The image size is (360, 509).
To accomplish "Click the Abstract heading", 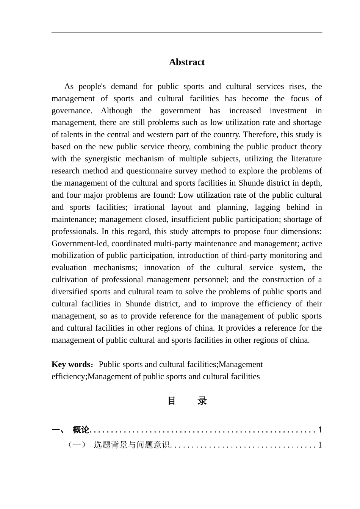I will tap(187, 62).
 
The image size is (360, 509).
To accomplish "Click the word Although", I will tap(117, 111).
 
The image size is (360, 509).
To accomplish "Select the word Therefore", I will tap(260, 134).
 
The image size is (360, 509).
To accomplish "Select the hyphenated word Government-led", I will tap(80, 244).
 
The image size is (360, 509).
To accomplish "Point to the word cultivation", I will tap(71, 279).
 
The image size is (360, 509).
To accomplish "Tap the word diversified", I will tap(70, 292).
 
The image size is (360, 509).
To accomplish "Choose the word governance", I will tap(71, 111).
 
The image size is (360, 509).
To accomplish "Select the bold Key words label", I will tap(71, 364).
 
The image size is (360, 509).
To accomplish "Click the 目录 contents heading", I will tap(187, 401).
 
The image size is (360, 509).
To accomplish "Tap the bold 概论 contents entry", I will tap(81, 430).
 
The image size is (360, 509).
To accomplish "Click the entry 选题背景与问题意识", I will tap(132, 445).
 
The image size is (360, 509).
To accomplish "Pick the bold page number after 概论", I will tap(320, 430).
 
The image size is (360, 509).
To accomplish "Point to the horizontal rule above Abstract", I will tap(187, 33).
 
